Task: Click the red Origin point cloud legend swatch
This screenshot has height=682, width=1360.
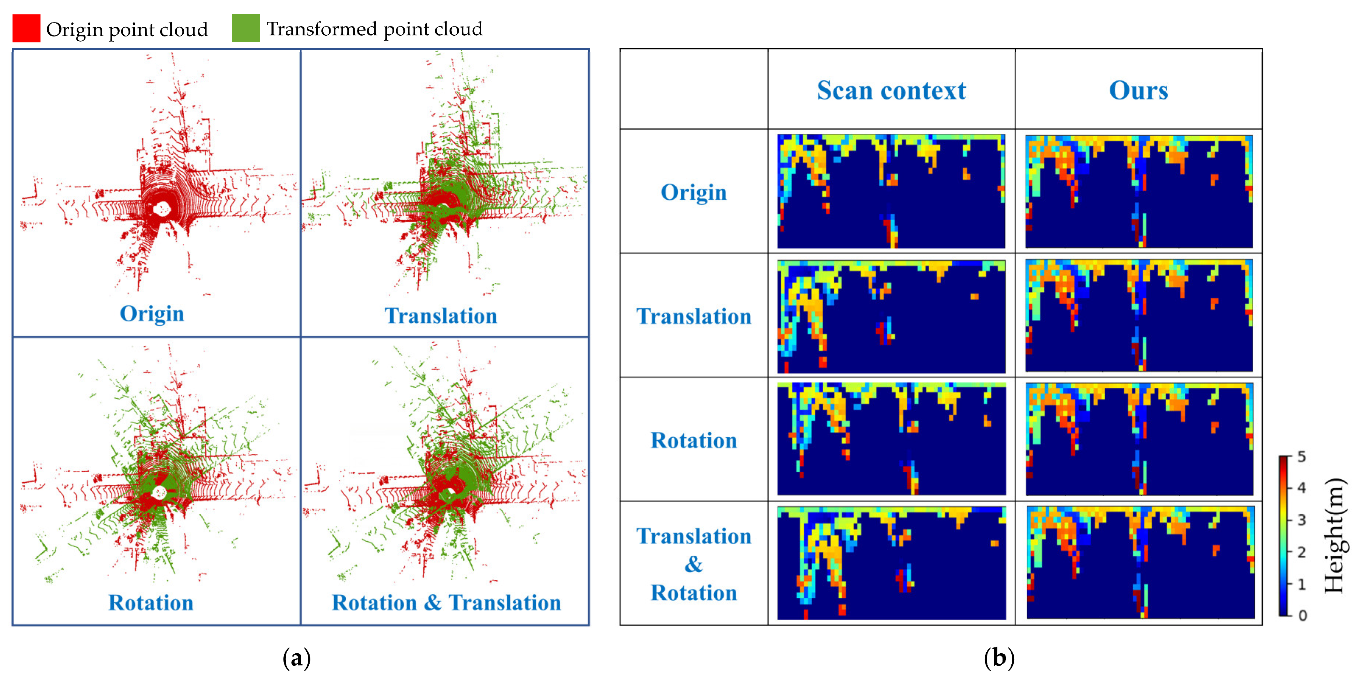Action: [x=27, y=28]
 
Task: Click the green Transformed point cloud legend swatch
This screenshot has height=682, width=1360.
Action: [x=246, y=28]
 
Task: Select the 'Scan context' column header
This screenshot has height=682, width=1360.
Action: [x=891, y=90]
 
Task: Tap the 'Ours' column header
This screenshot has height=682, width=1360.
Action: [x=1138, y=90]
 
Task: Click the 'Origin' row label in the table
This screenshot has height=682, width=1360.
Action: [x=693, y=192]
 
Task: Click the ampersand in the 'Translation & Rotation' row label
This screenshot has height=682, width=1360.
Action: [x=693, y=564]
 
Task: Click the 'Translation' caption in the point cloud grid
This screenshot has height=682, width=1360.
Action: [x=441, y=316]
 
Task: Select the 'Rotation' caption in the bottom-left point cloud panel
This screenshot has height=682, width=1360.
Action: [x=151, y=603]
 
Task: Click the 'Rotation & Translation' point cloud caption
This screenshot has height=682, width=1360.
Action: [x=446, y=603]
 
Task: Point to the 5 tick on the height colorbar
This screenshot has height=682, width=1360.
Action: [x=1301, y=457]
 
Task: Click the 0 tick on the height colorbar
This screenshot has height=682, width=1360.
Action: [x=1303, y=615]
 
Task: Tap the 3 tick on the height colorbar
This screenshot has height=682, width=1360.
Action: [x=1301, y=520]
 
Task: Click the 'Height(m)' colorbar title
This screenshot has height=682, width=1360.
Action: [x=1335, y=536]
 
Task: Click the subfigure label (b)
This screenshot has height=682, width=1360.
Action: [x=999, y=658]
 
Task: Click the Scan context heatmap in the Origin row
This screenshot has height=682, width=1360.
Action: [x=891, y=191]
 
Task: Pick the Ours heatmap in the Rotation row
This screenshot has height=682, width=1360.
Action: [x=1139, y=439]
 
